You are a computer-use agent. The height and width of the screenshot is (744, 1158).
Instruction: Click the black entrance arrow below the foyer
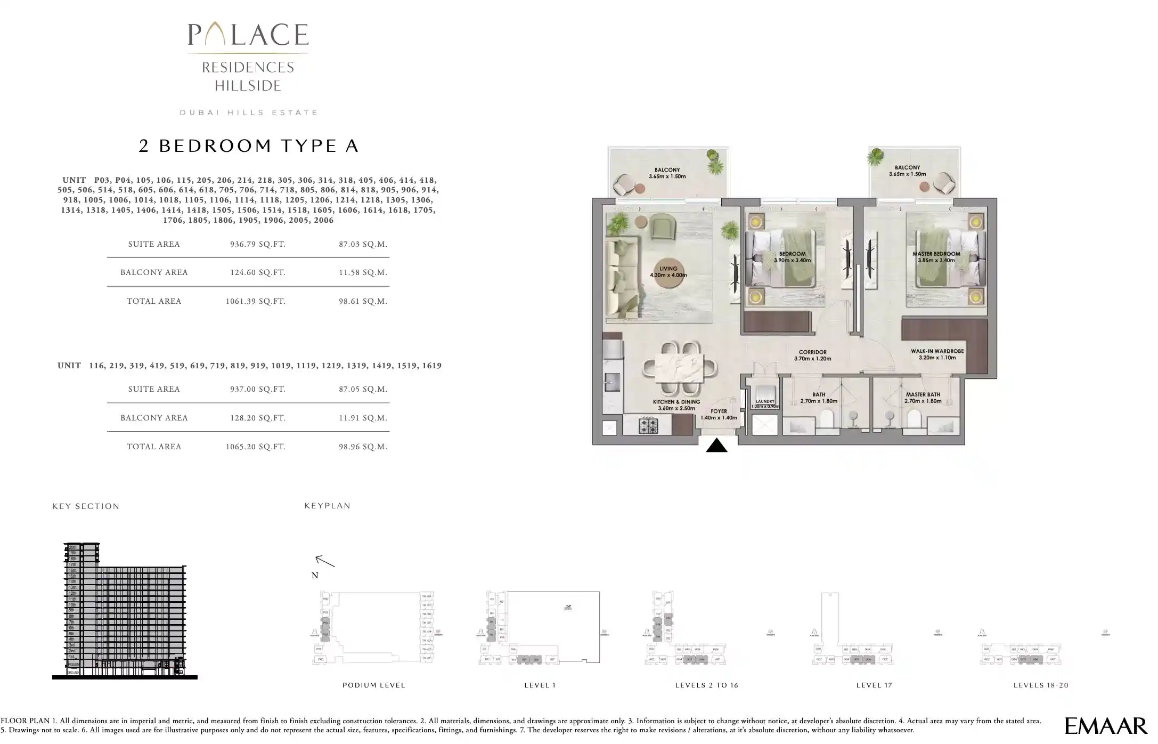(x=716, y=446)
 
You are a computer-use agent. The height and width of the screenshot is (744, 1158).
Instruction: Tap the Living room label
(x=668, y=272)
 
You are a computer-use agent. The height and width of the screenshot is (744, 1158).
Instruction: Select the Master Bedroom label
(x=936, y=257)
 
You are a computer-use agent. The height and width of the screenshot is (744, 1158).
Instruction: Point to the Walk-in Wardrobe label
(x=937, y=354)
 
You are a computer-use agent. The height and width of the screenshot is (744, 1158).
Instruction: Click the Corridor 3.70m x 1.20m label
(x=812, y=355)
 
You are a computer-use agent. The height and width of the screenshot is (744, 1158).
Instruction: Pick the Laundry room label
(x=765, y=403)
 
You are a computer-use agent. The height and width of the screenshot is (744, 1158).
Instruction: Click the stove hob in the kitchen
(x=648, y=426)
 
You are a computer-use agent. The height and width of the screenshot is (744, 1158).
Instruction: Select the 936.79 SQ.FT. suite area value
(x=257, y=244)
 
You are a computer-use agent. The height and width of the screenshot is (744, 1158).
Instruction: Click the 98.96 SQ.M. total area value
(x=363, y=447)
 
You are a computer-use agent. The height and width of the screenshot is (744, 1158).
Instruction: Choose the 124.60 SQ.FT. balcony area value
(x=257, y=272)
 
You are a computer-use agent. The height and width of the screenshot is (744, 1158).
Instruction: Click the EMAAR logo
(x=1105, y=725)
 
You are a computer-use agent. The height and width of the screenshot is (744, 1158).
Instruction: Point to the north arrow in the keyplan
(x=325, y=561)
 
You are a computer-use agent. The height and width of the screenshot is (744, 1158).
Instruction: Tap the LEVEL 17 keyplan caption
(x=874, y=685)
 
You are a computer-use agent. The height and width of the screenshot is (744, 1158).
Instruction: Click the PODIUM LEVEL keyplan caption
(x=373, y=685)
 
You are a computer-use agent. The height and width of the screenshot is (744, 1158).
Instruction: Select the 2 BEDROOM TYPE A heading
(x=248, y=146)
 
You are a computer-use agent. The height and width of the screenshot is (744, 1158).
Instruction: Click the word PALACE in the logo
(x=248, y=35)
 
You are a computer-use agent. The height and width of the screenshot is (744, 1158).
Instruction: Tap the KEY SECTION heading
(x=86, y=506)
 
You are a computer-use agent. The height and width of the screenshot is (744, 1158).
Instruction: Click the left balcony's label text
(x=667, y=172)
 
